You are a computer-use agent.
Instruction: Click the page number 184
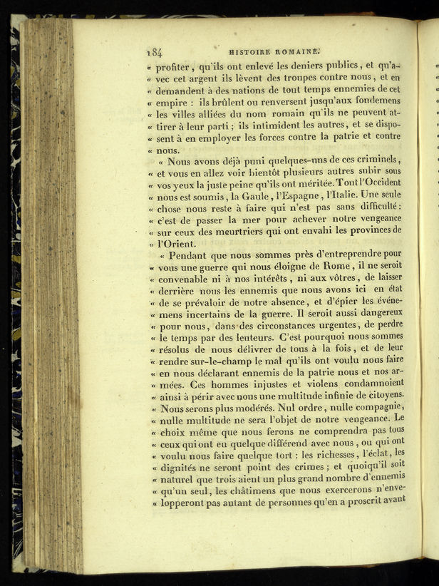pyautogui.click(x=154, y=52)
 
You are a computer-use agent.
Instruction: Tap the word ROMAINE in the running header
pyautogui.click(x=300, y=51)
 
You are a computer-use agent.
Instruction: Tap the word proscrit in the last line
pyautogui.click(x=362, y=501)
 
